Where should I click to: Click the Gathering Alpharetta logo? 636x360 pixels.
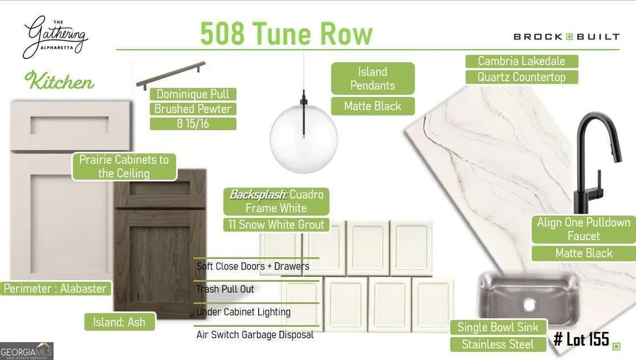[55, 37]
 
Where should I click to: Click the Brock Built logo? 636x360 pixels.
[567, 37]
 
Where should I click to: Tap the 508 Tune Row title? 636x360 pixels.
[287, 34]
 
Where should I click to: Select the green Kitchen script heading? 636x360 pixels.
[59, 80]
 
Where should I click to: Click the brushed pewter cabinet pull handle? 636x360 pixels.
[171, 76]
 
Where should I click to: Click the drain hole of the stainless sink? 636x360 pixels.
[529, 304]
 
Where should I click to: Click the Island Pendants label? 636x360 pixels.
[373, 79]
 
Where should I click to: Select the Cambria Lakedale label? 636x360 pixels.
[522, 61]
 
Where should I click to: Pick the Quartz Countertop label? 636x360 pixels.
[522, 77]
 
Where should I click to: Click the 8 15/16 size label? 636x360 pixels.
[193, 124]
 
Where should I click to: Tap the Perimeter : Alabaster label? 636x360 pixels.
[56, 289]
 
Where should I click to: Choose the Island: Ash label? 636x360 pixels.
[119, 322]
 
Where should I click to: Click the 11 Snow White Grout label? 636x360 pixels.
[276, 225]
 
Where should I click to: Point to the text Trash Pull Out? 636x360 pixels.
[225, 289]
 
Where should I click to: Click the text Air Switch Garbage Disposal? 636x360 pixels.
[255, 335]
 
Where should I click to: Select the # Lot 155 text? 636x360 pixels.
[581, 339]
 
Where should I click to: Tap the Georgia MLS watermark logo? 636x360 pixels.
[27, 351]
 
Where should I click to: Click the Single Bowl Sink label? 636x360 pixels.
[498, 327]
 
